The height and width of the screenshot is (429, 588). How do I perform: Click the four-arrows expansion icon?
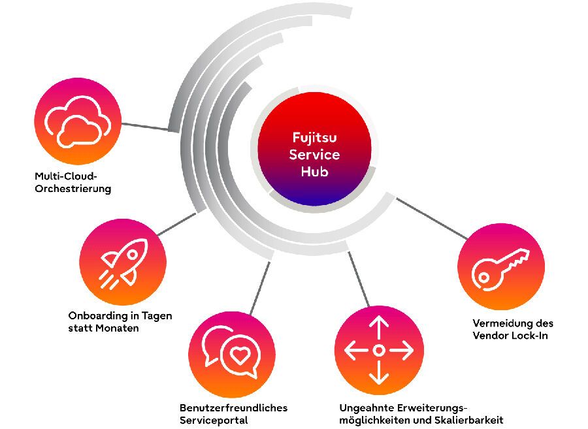tap(379, 351)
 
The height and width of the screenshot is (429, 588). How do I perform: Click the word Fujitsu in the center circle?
tap(311, 138)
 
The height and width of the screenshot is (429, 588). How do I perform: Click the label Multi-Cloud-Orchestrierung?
tap(73, 183)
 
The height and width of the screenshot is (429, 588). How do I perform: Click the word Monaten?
tap(116, 328)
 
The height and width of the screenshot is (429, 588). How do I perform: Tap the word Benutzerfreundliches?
tap(233, 407)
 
